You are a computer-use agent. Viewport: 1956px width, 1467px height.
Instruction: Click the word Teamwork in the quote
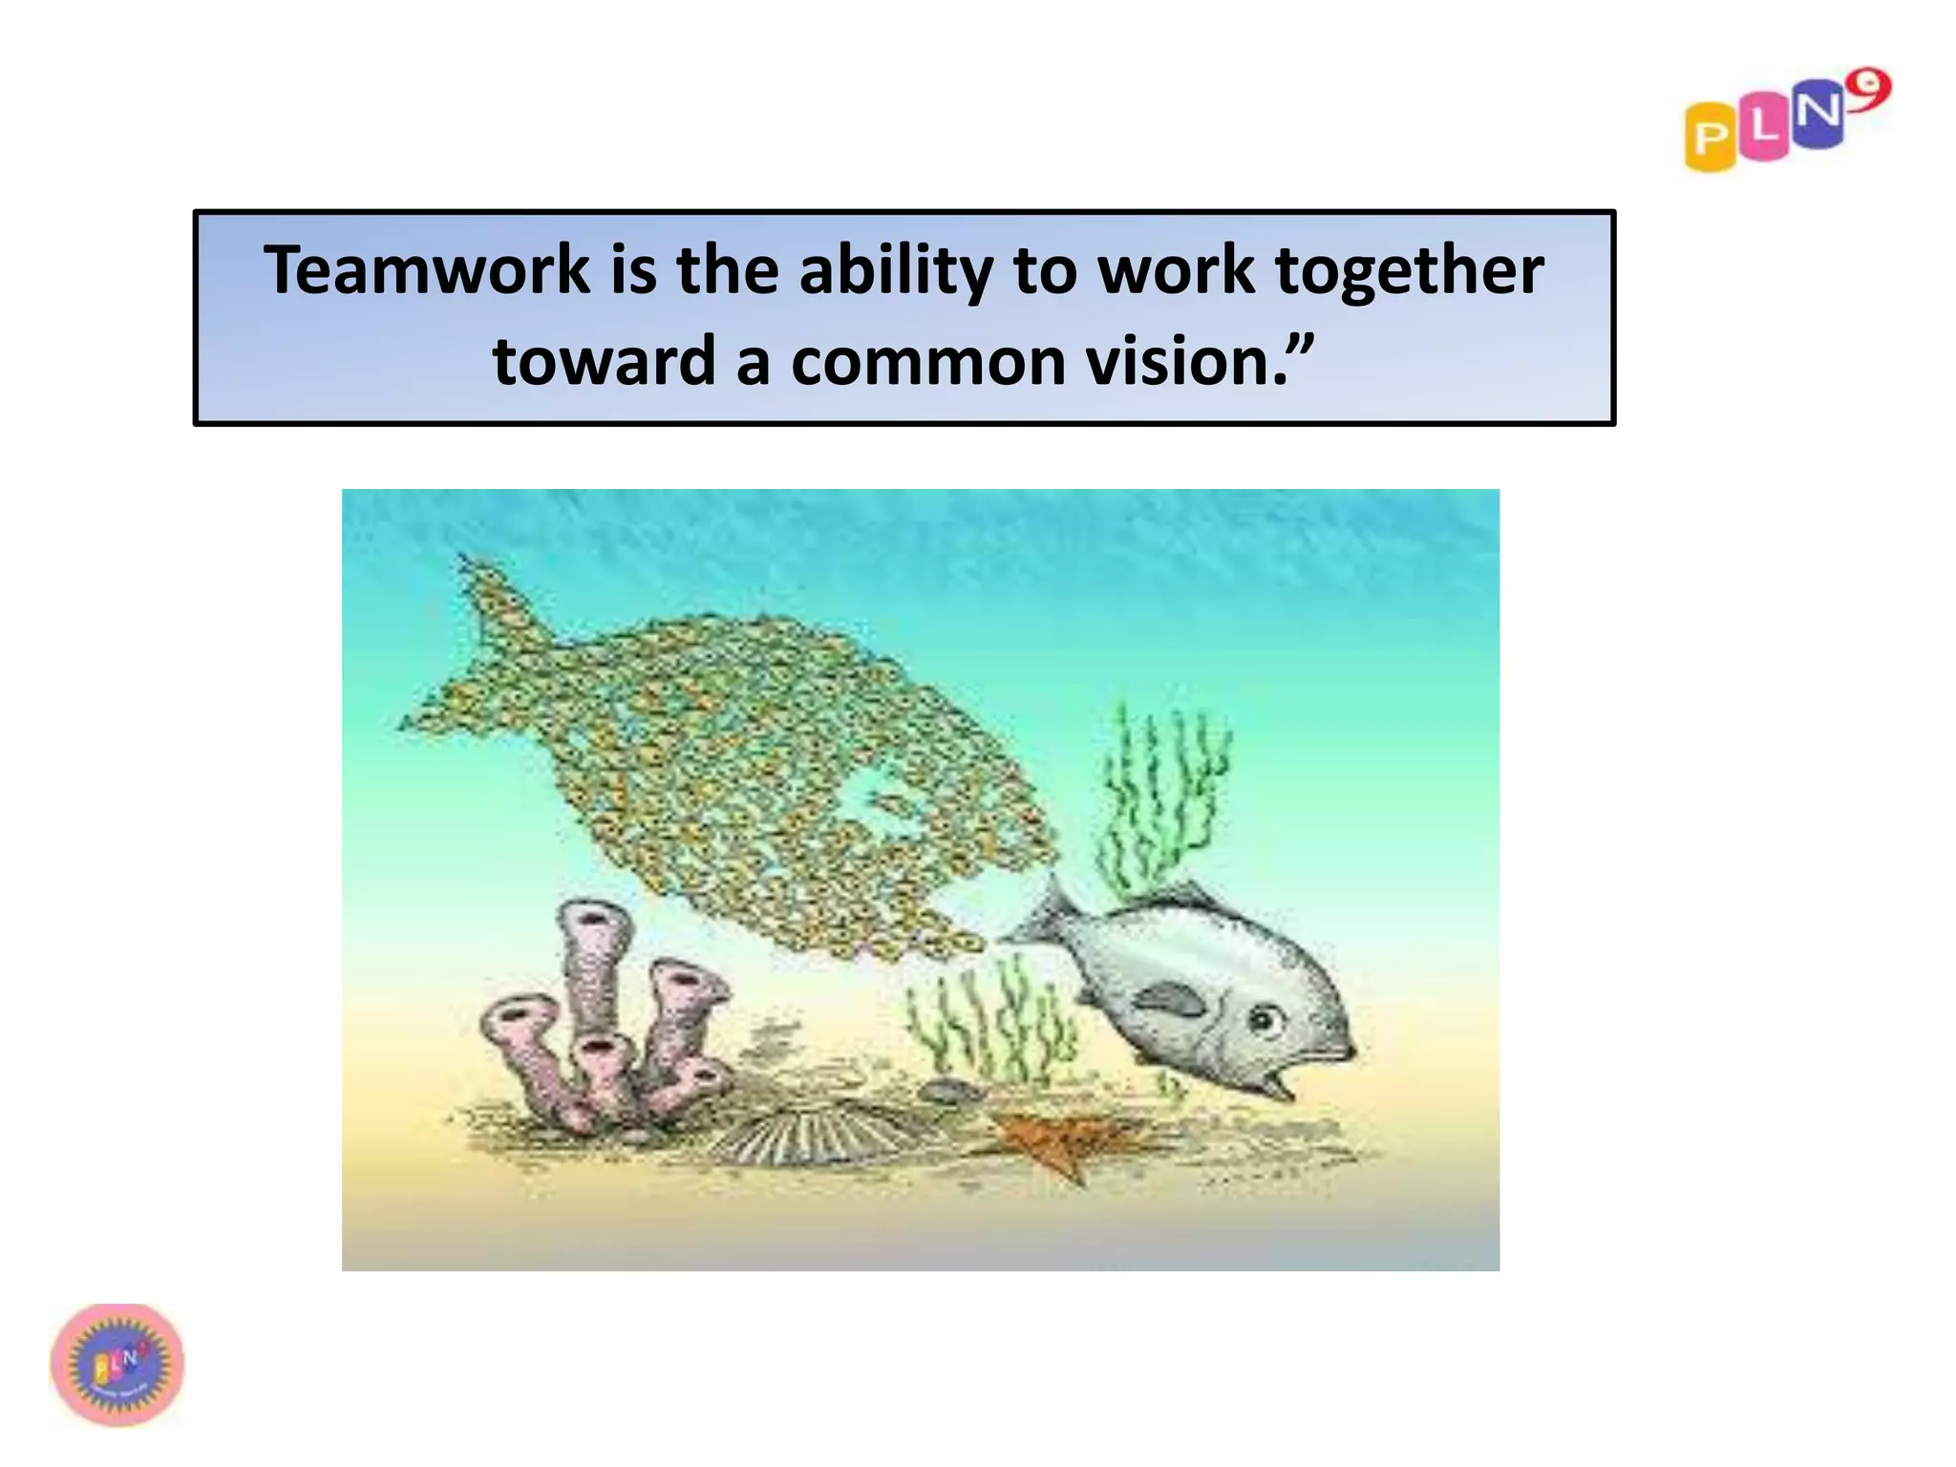427,270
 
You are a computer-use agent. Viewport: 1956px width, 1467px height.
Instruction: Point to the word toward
604,362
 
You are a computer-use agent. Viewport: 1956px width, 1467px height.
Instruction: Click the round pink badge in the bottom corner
117,1364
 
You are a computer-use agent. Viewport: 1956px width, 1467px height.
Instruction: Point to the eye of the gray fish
1265,1020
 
